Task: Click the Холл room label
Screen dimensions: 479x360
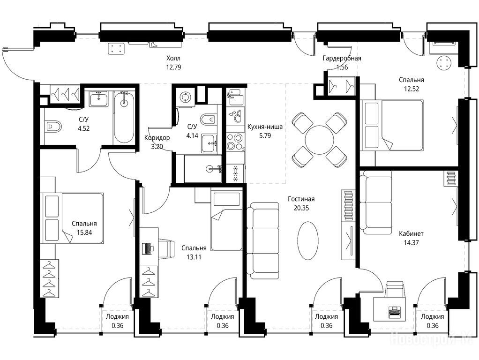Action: (x=173, y=58)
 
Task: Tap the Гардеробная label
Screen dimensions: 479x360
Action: (x=342, y=58)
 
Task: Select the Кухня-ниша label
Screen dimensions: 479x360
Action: (x=265, y=127)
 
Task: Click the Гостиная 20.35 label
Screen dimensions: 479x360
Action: (x=301, y=203)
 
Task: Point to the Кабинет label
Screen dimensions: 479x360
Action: (x=411, y=234)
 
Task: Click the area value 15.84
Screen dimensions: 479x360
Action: (x=84, y=232)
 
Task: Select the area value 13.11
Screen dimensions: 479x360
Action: (x=194, y=257)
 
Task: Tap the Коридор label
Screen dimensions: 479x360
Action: (x=157, y=137)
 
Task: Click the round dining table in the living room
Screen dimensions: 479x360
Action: (x=319, y=140)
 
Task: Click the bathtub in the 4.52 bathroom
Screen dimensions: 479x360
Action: (x=124, y=117)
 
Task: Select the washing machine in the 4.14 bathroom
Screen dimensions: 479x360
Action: (x=185, y=97)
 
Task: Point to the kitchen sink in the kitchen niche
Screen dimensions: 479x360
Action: (x=235, y=95)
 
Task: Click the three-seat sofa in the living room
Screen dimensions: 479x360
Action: (x=263, y=240)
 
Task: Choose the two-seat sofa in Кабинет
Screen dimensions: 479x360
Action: (x=375, y=202)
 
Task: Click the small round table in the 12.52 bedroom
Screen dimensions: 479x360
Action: (x=444, y=63)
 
